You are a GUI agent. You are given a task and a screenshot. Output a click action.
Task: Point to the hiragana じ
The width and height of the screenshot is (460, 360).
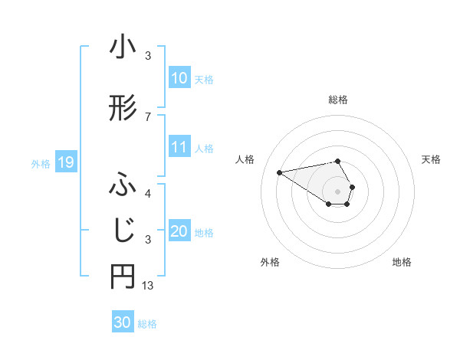(123, 229)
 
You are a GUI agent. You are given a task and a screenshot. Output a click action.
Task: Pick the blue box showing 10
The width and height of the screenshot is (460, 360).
(179, 78)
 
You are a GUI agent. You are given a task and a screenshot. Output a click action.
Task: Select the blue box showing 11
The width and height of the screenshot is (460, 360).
(179, 147)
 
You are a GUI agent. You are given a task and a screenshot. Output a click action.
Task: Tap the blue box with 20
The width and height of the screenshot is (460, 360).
(179, 231)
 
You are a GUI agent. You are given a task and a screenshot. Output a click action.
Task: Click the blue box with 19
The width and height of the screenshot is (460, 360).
(65, 162)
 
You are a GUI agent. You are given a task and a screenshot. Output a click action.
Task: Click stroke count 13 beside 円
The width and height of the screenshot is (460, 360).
(148, 286)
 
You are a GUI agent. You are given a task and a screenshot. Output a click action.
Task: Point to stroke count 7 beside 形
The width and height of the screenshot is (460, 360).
(148, 116)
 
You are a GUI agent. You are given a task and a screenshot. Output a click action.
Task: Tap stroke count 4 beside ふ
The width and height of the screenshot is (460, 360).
(148, 193)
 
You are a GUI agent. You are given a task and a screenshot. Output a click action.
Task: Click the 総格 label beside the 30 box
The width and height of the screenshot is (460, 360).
(147, 324)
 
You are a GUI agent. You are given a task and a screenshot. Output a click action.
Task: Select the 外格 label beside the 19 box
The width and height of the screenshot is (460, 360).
(41, 163)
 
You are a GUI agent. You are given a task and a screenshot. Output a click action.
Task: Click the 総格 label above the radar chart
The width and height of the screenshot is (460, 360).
(337, 100)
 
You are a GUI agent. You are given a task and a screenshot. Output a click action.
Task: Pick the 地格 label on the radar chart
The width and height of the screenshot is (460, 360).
(402, 262)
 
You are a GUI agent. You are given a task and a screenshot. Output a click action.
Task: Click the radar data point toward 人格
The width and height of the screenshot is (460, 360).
(279, 172)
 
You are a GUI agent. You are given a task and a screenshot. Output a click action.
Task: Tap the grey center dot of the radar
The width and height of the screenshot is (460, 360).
(337, 191)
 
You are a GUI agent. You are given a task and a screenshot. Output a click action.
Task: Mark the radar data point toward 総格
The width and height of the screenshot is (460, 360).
(337, 161)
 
